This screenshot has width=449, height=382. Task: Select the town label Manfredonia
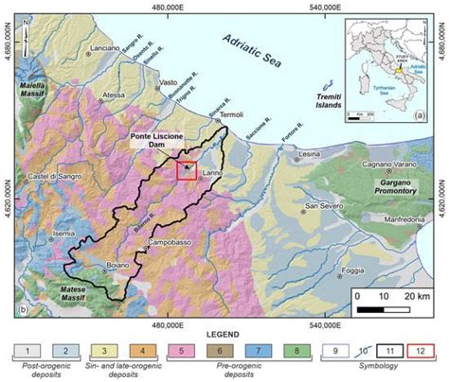[391, 219]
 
